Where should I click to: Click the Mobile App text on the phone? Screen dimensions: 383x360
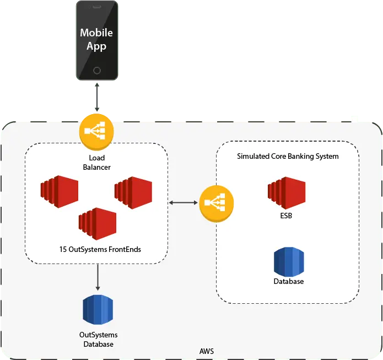pyautogui.click(x=96, y=39)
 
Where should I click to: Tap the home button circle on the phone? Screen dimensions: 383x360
pyautogui.click(x=97, y=71)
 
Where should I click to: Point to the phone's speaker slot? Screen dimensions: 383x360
pyautogui.click(x=97, y=7)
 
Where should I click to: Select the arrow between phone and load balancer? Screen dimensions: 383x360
pyautogui.click(x=97, y=97)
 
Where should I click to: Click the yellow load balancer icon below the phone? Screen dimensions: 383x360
pyautogui.click(x=96, y=132)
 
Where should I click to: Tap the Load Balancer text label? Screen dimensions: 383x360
pyautogui.click(x=97, y=163)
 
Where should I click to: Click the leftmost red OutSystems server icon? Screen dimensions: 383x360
pyautogui.click(x=60, y=192)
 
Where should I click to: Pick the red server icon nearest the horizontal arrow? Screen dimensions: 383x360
pyautogui.click(x=133, y=192)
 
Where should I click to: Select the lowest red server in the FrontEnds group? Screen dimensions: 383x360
pyautogui.click(x=98, y=224)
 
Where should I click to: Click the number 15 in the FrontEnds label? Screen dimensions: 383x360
pyautogui.click(x=63, y=249)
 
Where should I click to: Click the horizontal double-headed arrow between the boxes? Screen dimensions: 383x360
pyautogui.click(x=183, y=202)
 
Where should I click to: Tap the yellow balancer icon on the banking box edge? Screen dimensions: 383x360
pyautogui.click(x=217, y=203)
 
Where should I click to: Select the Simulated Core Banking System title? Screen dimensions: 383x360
pyautogui.click(x=288, y=157)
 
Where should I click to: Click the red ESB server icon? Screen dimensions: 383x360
pyautogui.click(x=287, y=193)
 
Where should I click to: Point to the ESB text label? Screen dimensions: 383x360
pyautogui.click(x=286, y=216)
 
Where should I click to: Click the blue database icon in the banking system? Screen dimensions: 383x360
pyautogui.click(x=289, y=262)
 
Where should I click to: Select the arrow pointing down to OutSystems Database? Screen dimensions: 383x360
pyautogui.click(x=98, y=277)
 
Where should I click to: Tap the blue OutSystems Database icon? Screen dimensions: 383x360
pyautogui.click(x=98, y=310)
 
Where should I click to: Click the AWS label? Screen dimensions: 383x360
pyautogui.click(x=207, y=351)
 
